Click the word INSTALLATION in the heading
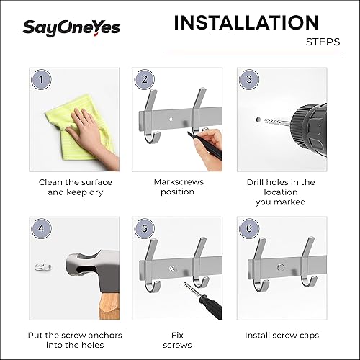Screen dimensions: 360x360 [x=246, y=23]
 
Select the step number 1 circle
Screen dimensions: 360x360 [x=42, y=79]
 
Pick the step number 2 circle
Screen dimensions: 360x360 [x=145, y=79]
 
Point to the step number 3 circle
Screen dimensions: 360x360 [x=249, y=79]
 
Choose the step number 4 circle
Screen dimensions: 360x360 [x=42, y=228]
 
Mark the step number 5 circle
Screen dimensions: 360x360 [x=145, y=228]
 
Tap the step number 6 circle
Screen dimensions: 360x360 [x=249, y=228]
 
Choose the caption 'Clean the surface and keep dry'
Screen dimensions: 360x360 [x=74, y=187]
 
